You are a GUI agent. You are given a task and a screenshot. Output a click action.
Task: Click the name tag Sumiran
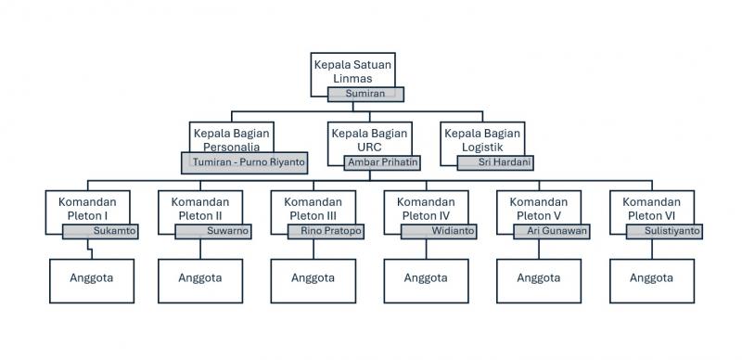(366, 94)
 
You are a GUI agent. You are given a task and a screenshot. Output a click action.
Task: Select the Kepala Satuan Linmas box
(352, 70)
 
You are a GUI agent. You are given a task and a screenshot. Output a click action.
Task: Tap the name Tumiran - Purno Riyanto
(243, 161)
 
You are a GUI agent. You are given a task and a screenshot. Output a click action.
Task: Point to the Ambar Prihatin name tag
(382, 161)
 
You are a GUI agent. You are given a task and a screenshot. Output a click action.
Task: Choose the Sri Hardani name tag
(496, 161)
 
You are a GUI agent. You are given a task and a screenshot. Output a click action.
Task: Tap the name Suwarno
(213, 231)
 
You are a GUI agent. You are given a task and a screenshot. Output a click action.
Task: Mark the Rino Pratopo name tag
(326, 231)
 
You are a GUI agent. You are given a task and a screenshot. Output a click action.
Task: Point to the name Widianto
(439, 231)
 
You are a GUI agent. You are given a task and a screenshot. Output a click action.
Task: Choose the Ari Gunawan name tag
(552, 231)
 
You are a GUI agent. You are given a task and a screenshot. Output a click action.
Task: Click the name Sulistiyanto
(664, 231)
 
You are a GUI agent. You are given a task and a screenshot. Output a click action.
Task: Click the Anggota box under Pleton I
(87, 278)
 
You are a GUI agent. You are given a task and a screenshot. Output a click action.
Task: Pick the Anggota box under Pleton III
(313, 278)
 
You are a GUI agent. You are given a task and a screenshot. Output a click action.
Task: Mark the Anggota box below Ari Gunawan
(538, 278)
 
